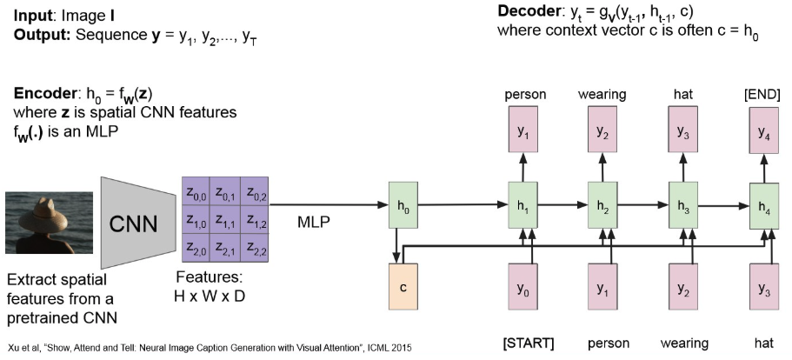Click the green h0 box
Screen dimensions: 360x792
[x=401, y=207]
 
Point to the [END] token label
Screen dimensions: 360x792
[x=764, y=94]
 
